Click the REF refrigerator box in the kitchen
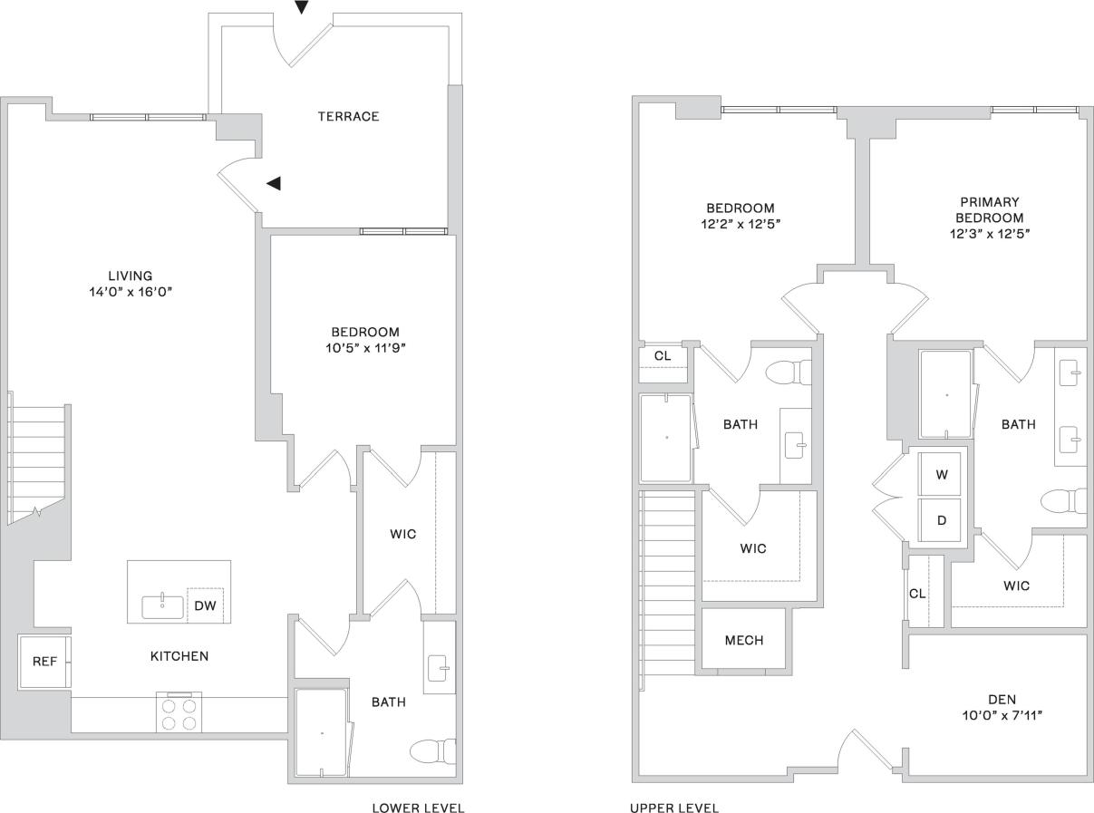point(44,662)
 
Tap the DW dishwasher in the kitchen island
point(205,606)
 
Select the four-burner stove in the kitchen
point(179,713)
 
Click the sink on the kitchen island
point(162,606)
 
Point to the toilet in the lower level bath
point(430,750)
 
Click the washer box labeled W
point(942,474)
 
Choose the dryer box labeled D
point(942,521)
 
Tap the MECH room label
point(743,640)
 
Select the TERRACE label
point(348,116)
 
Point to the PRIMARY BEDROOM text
point(988,209)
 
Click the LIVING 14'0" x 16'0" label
point(131,284)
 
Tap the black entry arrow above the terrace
point(302,7)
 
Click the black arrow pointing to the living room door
point(274,183)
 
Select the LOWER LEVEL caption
point(418,808)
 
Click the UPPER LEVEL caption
point(674,808)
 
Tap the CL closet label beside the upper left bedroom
point(663,355)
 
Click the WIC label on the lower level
point(403,534)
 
